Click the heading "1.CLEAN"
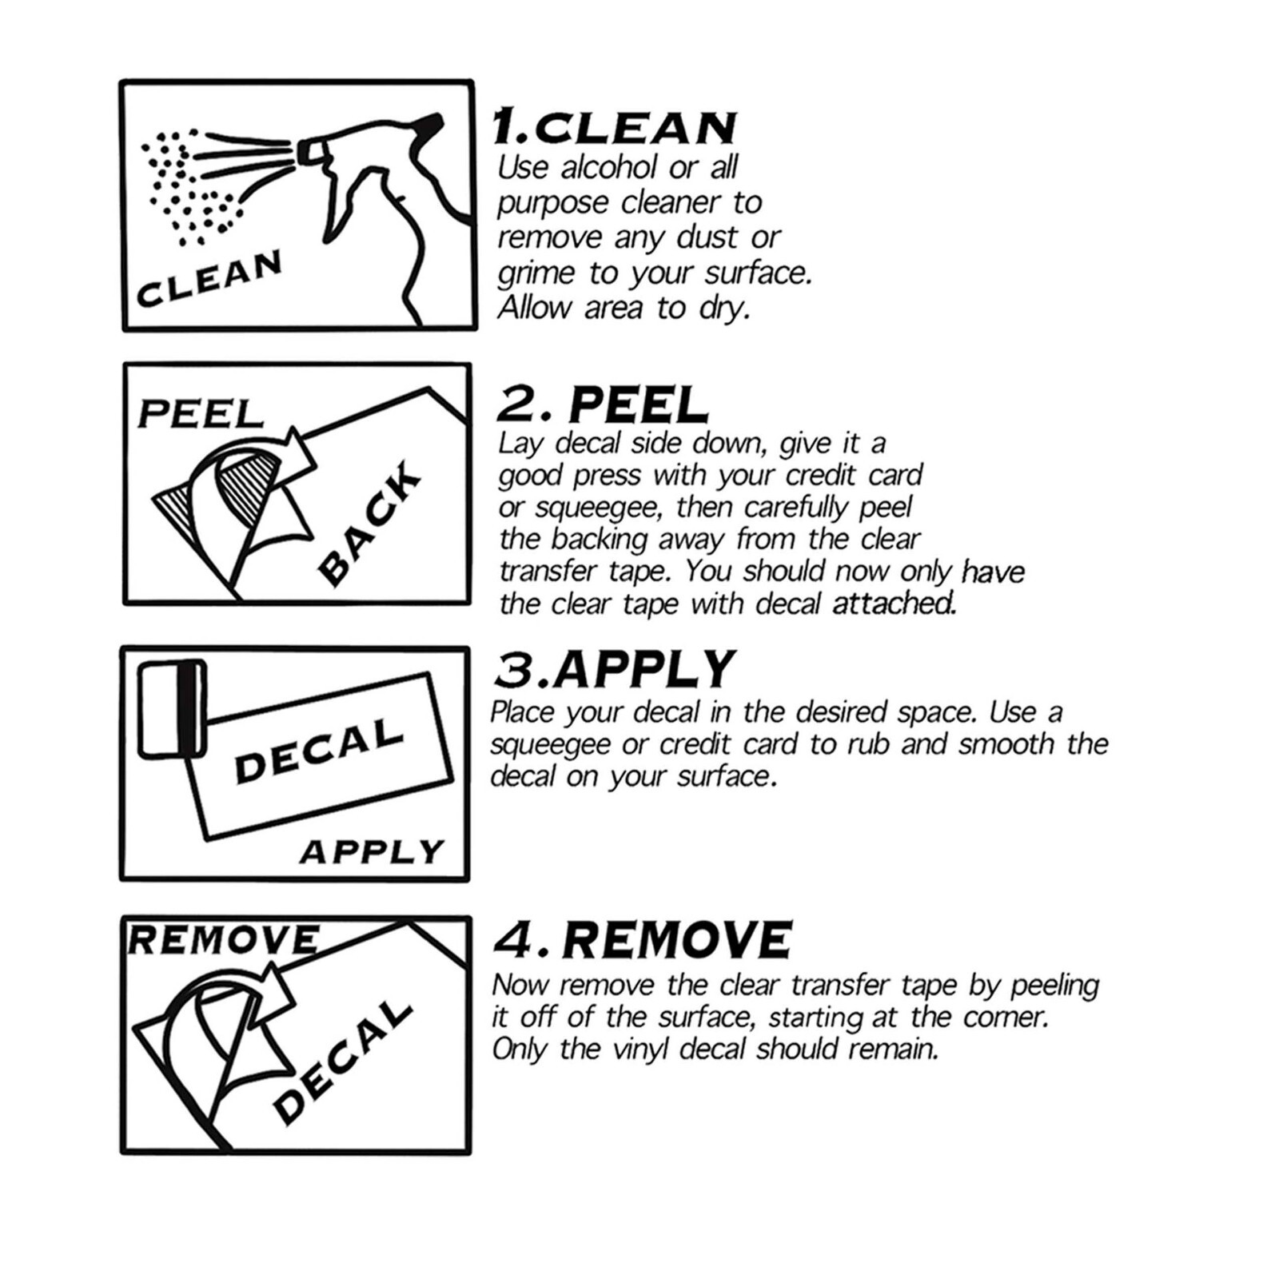click(614, 126)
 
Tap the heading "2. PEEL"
click(602, 404)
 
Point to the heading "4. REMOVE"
click(643, 939)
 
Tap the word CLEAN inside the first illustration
click(209, 278)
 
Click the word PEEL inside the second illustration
click(201, 414)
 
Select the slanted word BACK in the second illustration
click(369, 522)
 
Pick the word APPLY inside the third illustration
click(372, 852)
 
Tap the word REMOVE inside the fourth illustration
click(223, 940)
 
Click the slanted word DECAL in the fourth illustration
click(342, 1062)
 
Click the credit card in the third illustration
click(172, 708)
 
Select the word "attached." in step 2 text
click(894, 604)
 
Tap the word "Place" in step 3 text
click(523, 711)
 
